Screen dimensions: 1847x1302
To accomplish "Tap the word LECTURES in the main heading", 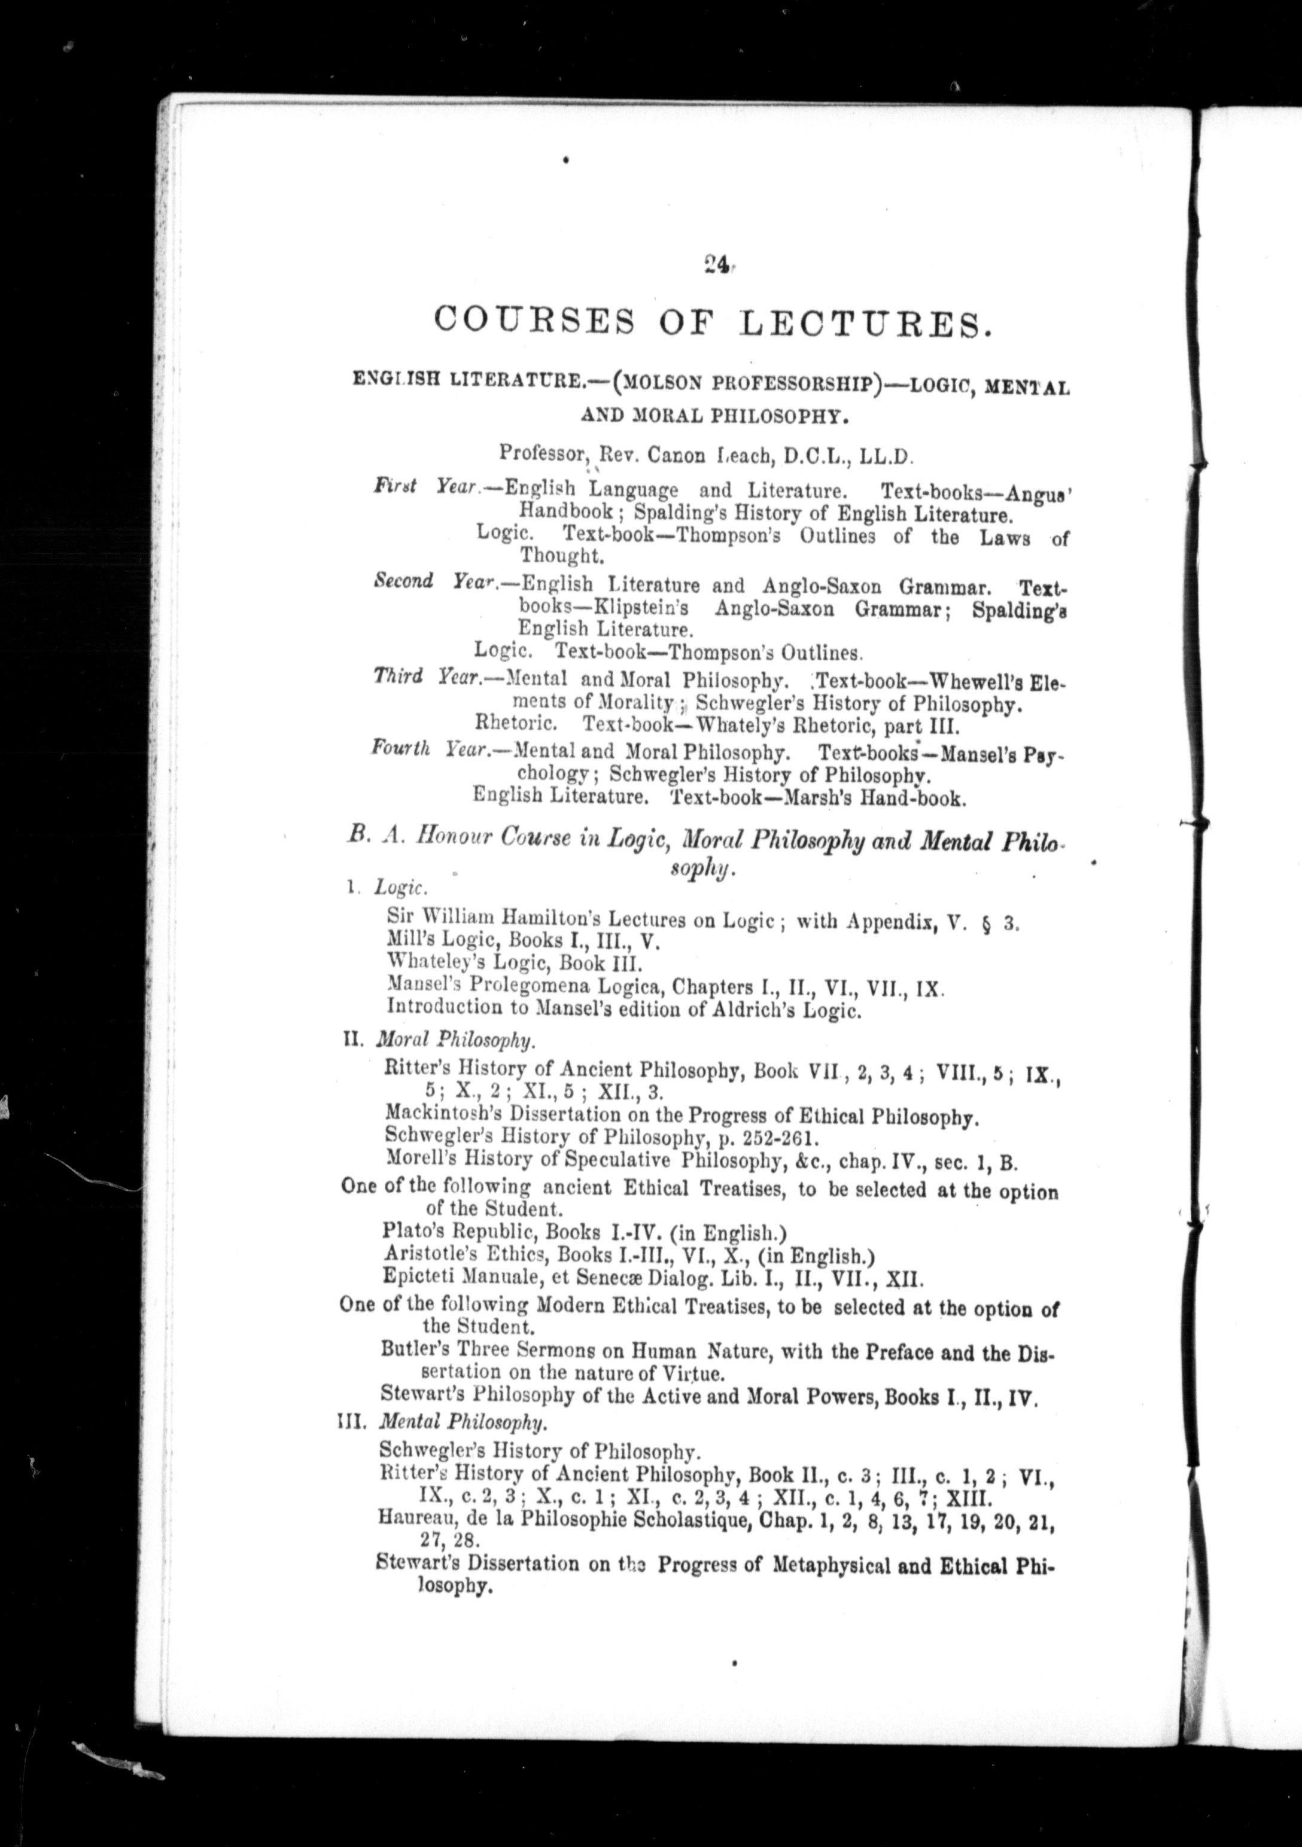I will coord(863,324).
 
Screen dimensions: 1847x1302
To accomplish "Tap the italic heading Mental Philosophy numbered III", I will coord(463,1422).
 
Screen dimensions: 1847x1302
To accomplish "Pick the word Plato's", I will coord(412,1232).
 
